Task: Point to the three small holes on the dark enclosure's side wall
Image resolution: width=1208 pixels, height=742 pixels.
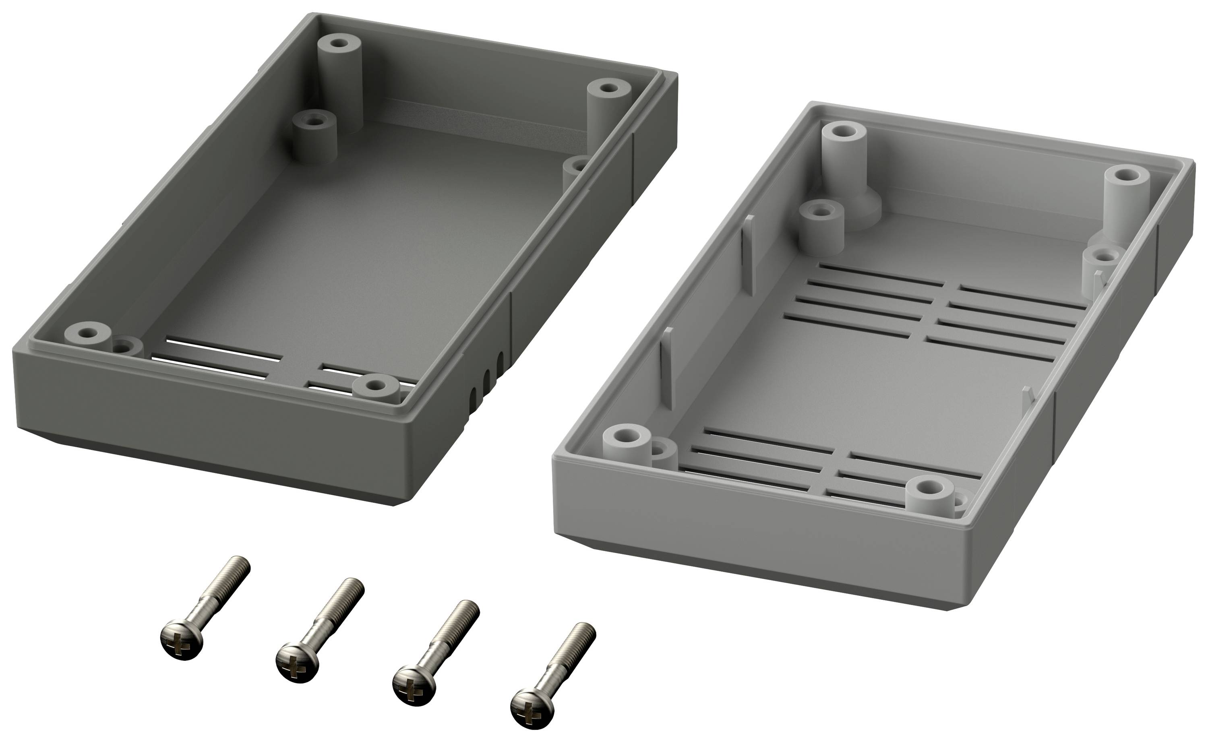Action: pos(487,378)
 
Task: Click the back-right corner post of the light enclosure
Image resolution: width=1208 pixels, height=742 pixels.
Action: pos(1127,201)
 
